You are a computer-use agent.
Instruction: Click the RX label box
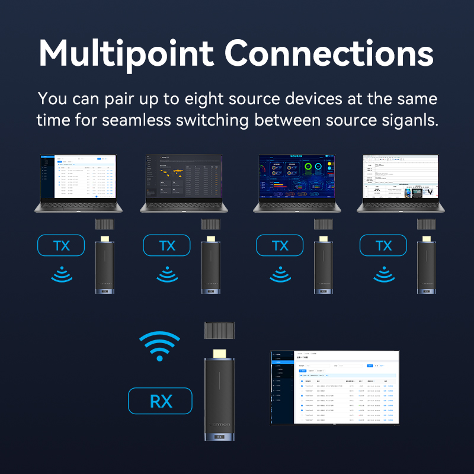coord(160,401)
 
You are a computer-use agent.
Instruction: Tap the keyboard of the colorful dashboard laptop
coord(294,205)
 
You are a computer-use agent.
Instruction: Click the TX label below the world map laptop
coord(167,245)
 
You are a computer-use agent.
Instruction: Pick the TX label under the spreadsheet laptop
coord(383,245)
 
